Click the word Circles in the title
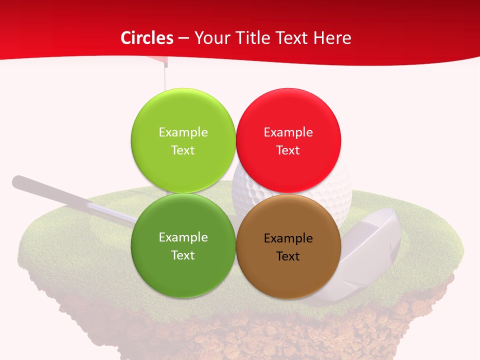146,38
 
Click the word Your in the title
212,38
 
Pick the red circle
288,115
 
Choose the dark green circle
183,272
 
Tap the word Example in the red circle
288,132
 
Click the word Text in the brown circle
288,256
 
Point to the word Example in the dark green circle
183,237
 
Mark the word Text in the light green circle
183,150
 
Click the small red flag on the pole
159,62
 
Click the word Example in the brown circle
288,238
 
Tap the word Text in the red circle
288,150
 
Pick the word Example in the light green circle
183,132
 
